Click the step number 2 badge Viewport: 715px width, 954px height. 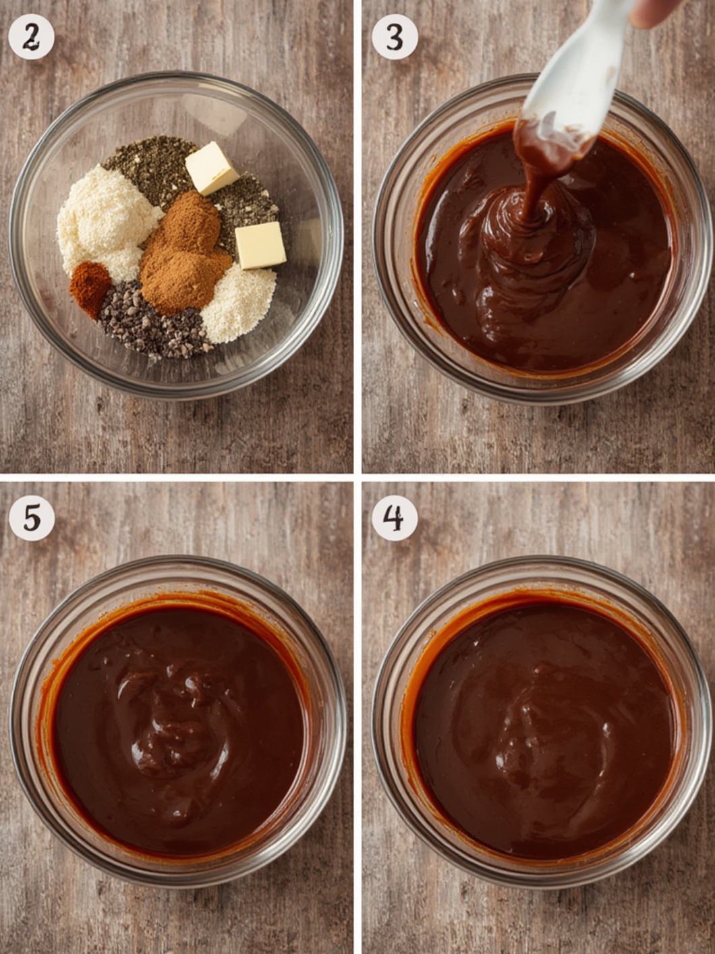(x=31, y=37)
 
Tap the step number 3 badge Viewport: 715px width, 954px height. (x=395, y=37)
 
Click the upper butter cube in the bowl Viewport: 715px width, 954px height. (x=212, y=167)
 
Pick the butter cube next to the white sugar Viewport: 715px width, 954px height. (x=260, y=245)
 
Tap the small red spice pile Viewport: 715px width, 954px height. (x=90, y=287)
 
